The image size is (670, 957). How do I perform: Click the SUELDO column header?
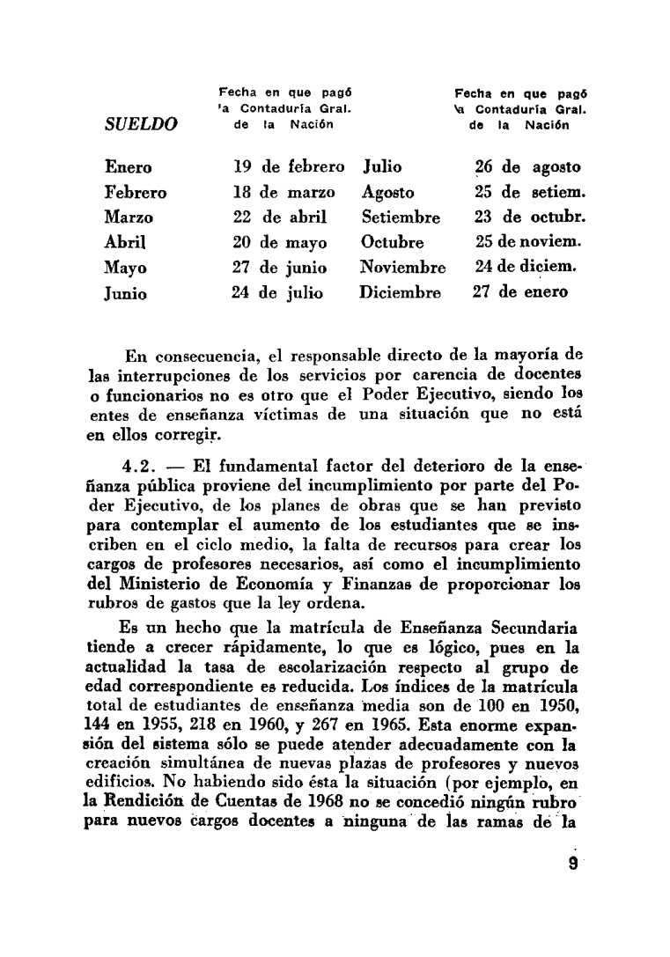pyautogui.click(x=141, y=124)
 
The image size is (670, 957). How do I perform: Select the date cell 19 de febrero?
pyautogui.click(x=291, y=166)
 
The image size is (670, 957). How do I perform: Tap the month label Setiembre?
pyautogui.click(x=401, y=217)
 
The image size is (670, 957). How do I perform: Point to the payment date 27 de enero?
pyautogui.click(x=520, y=292)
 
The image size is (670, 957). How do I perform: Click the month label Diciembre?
pyautogui.click(x=400, y=292)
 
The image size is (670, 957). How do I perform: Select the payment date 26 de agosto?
pyautogui.click(x=527, y=166)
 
